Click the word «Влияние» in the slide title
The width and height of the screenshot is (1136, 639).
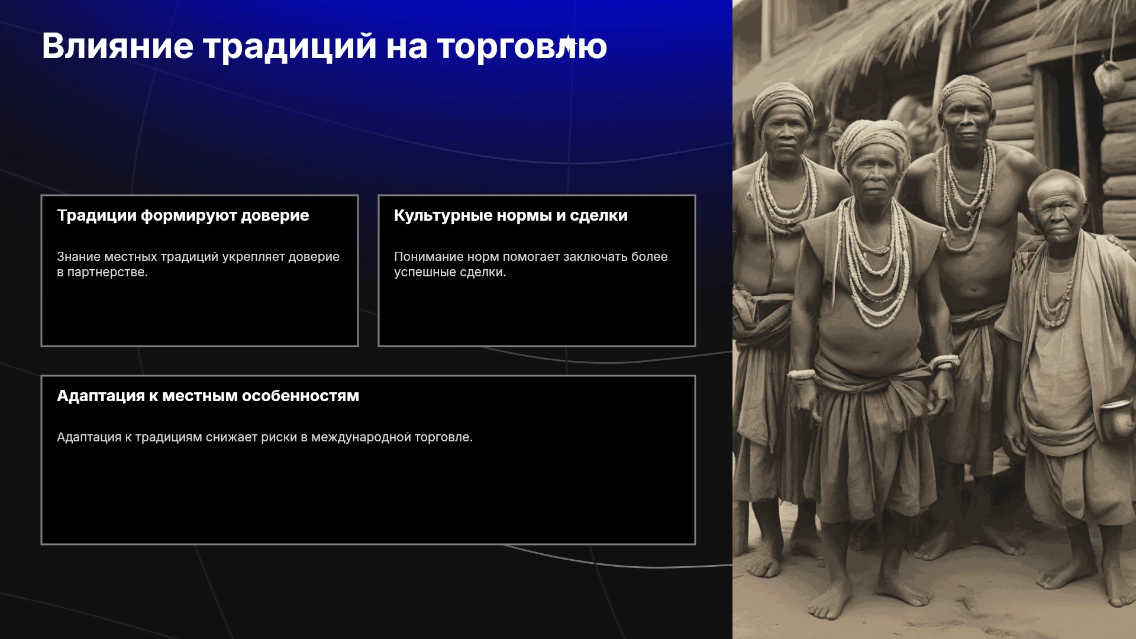[x=118, y=46]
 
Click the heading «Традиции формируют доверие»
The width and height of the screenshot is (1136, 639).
[x=183, y=216]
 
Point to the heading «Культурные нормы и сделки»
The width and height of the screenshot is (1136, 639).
[x=511, y=216]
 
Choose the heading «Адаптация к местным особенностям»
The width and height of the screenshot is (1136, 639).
[x=208, y=396]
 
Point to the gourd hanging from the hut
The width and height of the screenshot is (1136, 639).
[x=1108, y=79]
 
